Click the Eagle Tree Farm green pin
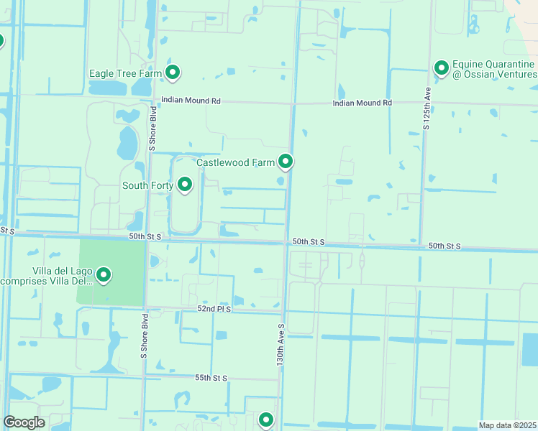(x=173, y=73)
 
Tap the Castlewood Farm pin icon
(x=286, y=162)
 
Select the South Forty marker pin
(x=185, y=185)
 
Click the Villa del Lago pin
(x=104, y=275)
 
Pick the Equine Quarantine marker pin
(x=441, y=68)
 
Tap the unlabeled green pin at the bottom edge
(x=266, y=420)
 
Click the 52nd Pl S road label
(x=215, y=308)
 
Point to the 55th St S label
(x=210, y=378)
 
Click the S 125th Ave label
(x=427, y=108)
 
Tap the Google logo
(x=24, y=422)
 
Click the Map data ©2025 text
(x=507, y=425)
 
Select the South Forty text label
(x=147, y=186)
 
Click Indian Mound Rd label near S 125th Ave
(x=362, y=103)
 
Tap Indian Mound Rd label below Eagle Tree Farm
(x=191, y=101)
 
